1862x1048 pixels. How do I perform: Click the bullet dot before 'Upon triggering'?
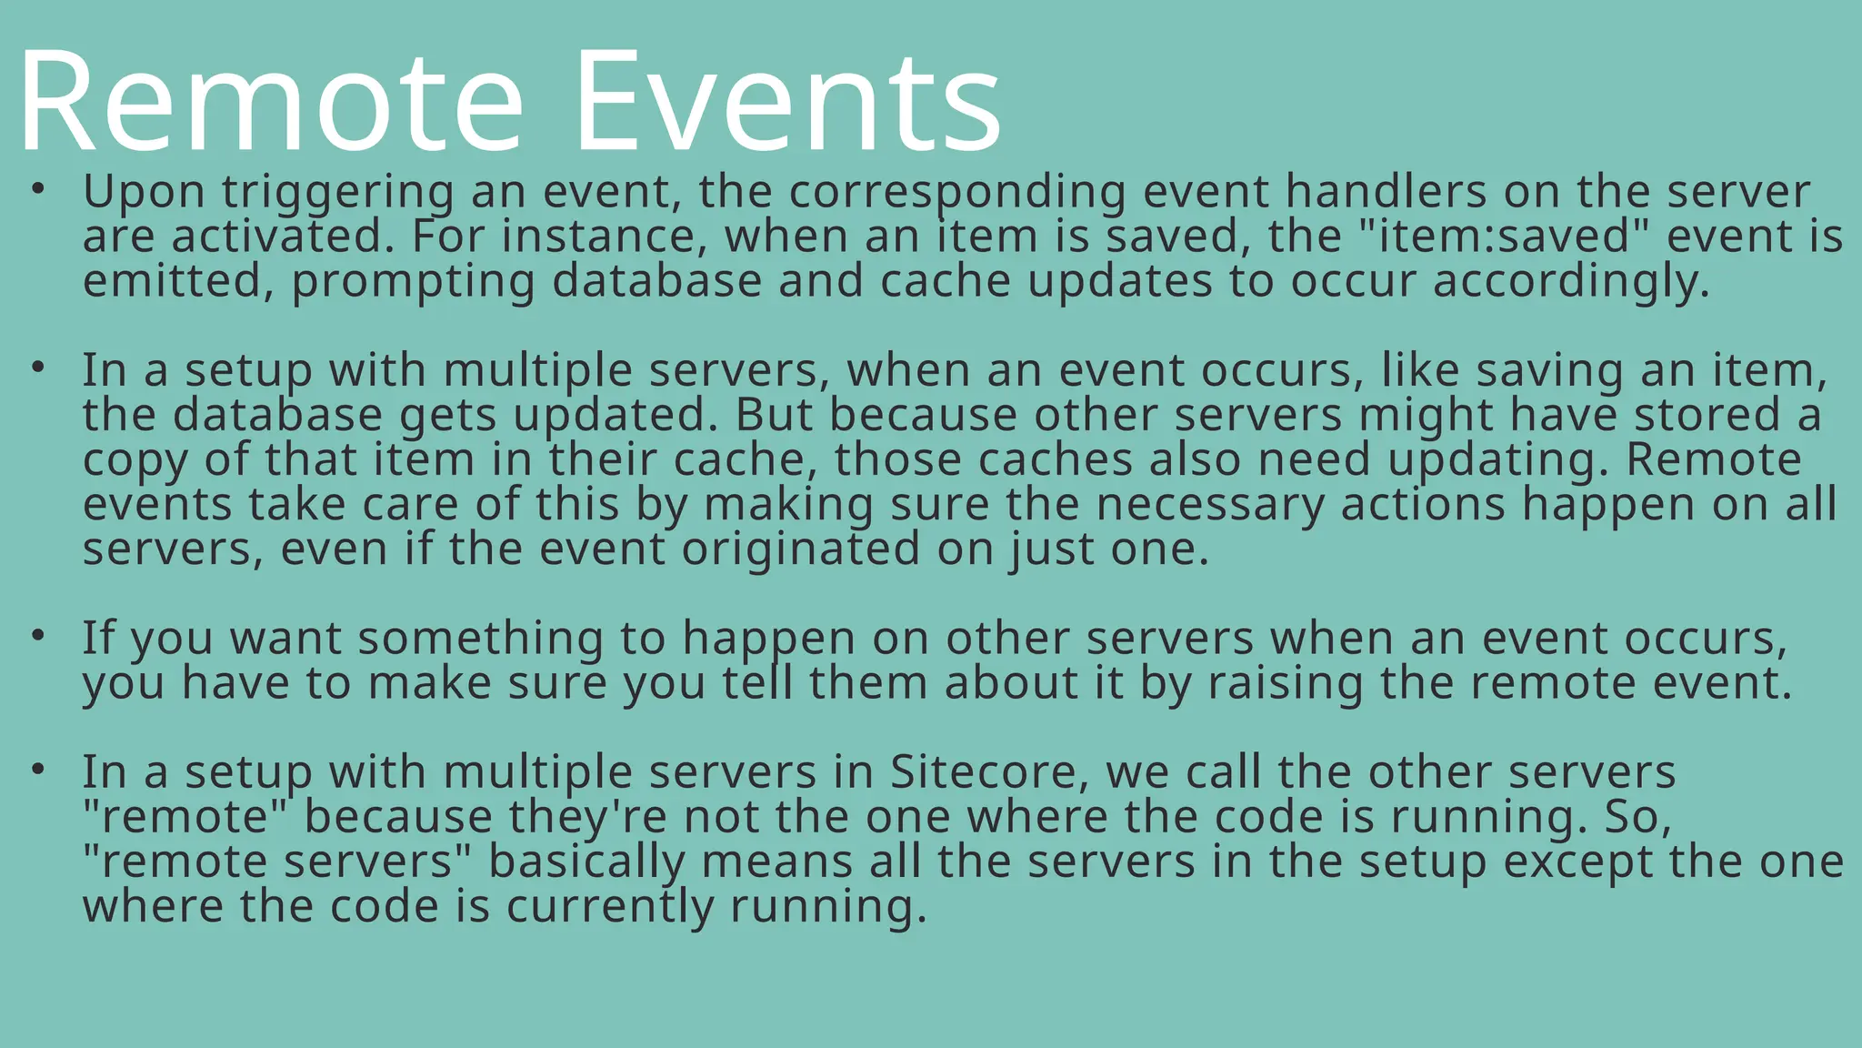(37, 189)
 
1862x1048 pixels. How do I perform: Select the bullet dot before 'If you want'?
(37, 635)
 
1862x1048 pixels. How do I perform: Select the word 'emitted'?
(177, 280)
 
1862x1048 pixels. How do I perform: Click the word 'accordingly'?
(1571, 282)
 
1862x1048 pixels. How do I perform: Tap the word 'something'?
(480, 639)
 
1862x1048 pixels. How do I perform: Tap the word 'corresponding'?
(956, 193)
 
